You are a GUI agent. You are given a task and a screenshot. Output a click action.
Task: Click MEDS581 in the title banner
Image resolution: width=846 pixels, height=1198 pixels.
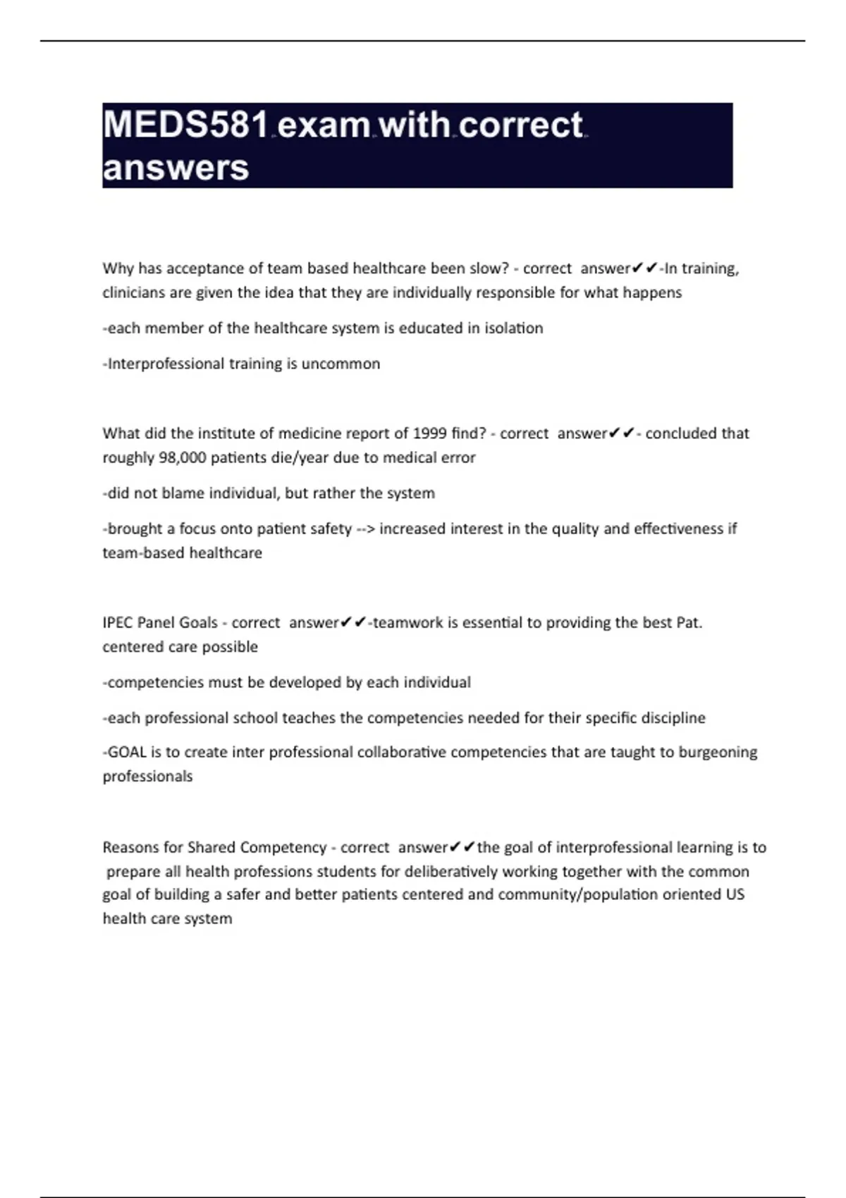coord(186,125)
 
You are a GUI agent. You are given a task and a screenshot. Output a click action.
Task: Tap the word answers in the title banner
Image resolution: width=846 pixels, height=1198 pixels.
coord(176,168)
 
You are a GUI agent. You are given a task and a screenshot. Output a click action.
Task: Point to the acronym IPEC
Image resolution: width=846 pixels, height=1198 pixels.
coord(118,623)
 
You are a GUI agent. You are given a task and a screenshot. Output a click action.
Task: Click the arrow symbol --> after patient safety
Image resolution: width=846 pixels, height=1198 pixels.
coord(365,529)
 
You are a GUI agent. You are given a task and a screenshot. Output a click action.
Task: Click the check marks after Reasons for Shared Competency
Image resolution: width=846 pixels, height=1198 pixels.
coord(462,846)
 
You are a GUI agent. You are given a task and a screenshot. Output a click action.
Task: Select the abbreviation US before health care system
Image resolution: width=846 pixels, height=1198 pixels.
coord(735,894)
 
